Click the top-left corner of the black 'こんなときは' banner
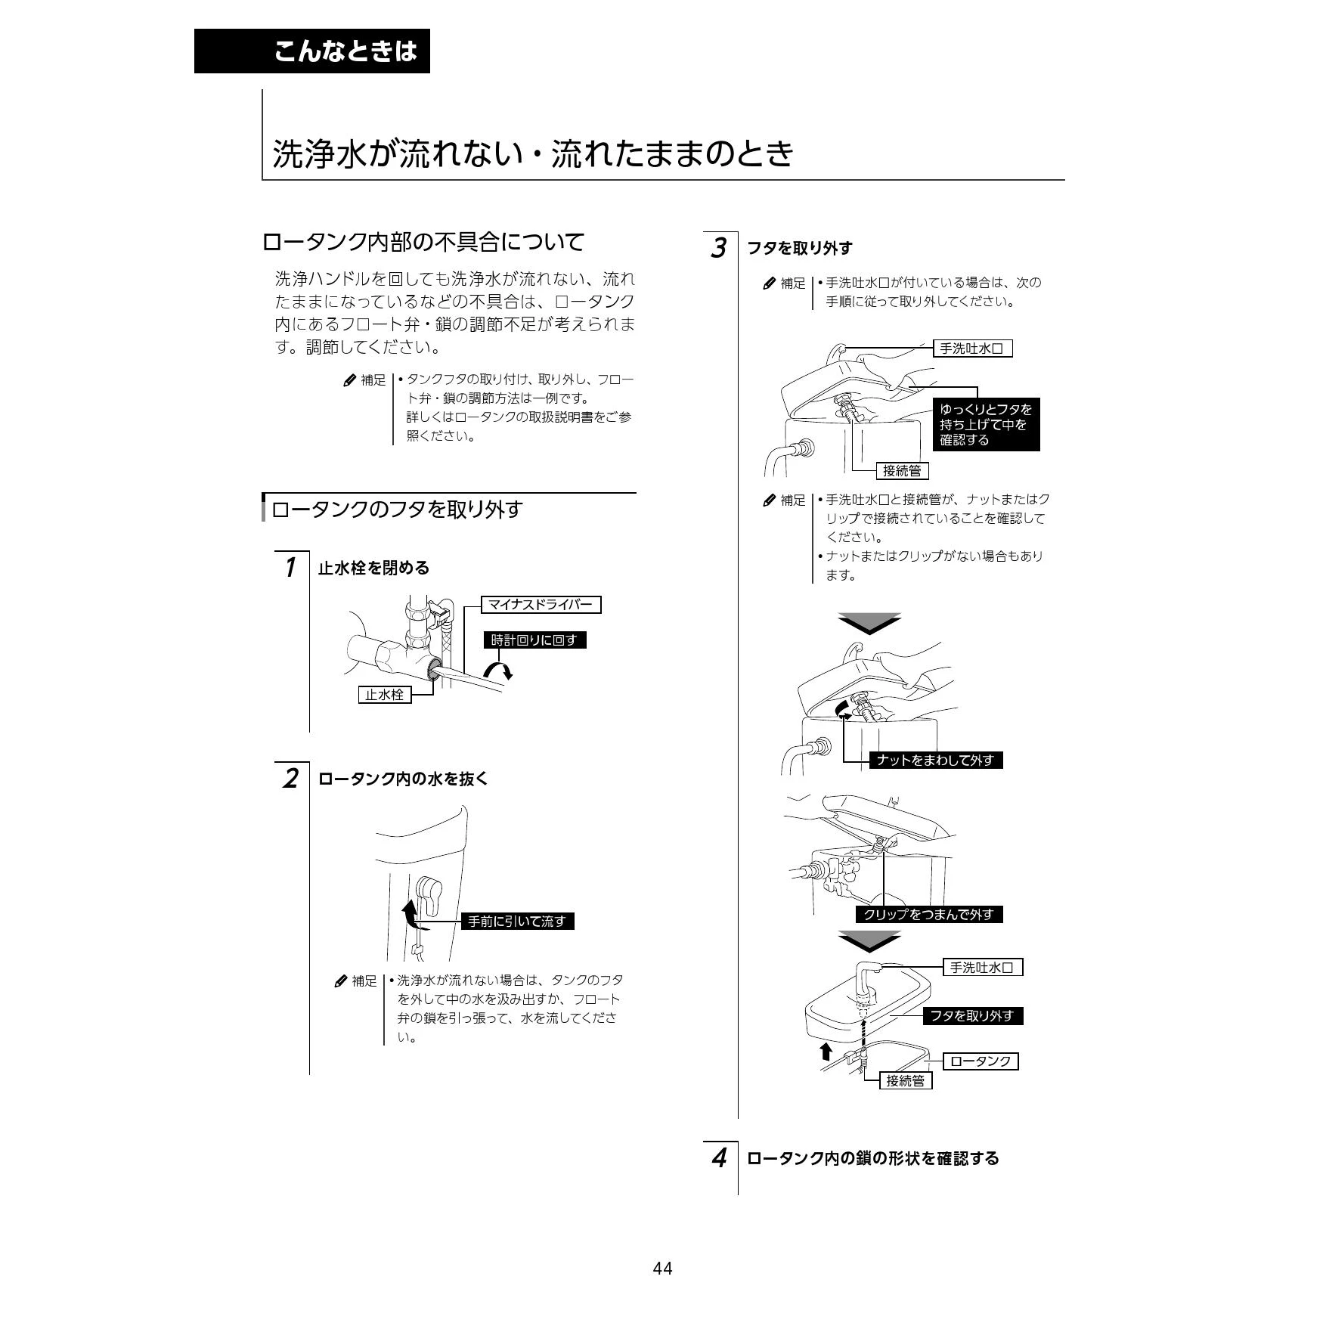coord(194,29)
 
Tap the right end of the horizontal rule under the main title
coord(1064,180)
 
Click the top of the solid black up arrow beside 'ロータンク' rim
coord(826,1044)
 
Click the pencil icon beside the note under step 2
coord(341,981)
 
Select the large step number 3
coord(718,248)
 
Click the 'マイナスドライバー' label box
coord(541,605)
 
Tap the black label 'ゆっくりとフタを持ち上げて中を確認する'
coord(986,425)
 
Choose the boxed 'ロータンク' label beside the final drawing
coord(981,1061)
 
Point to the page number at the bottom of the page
coord(662,1269)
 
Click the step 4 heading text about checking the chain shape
coord(873,1158)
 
